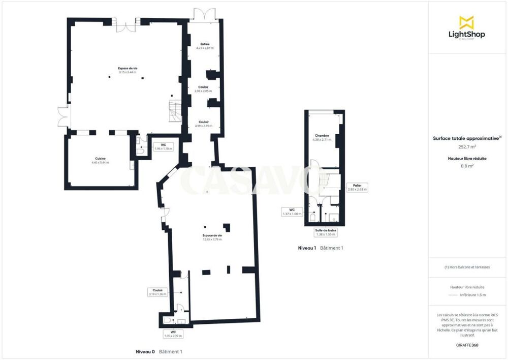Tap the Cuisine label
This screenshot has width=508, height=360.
click(x=100, y=160)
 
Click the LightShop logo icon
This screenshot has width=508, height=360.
click(x=466, y=22)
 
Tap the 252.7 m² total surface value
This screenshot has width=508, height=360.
click(x=467, y=147)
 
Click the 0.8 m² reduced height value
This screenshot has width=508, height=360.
click(x=467, y=166)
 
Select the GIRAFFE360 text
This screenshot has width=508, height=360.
click(x=467, y=345)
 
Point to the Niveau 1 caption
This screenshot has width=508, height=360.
click(x=307, y=248)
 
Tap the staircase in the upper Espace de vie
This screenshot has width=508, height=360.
click(x=175, y=111)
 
